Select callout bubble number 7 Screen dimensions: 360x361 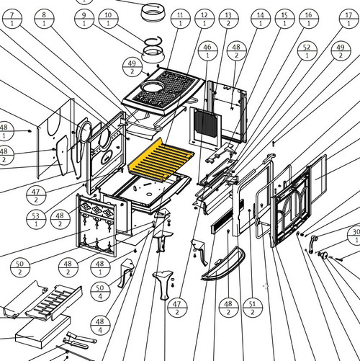[x=12, y=19]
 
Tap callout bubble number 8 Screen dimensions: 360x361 [x=44, y=19]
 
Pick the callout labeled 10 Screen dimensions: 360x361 [x=108, y=19]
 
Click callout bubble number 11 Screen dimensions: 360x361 [x=181, y=19]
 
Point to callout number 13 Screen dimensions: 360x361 [x=229, y=19]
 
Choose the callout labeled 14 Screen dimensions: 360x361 [x=261, y=19]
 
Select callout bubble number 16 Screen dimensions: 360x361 [x=309, y=19]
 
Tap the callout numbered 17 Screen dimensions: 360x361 [x=349, y=19]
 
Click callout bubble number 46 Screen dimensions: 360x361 [x=208, y=51]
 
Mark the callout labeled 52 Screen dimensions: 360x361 [x=307, y=51]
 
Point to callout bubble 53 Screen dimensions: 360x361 [x=36, y=220]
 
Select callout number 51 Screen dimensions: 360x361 [x=253, y=308]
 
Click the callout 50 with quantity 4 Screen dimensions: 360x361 [x=100, y=292]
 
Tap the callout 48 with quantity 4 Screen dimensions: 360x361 [x=100, y=326]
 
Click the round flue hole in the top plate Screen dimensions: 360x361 [x=153, y=86]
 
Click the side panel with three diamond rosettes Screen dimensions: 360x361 [x=96, y=226]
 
